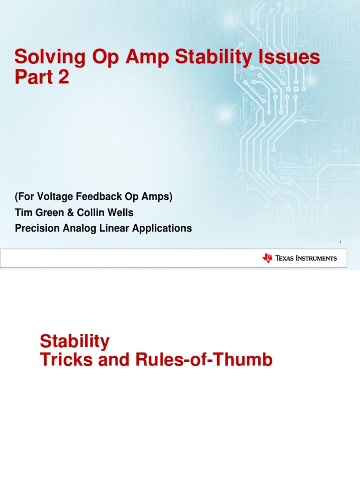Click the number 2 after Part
tap(63, 77)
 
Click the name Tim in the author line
tap(23, 213)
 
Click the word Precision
tap(35, 228)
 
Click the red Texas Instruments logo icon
tap(267, 258)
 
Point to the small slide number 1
tap(340, 242)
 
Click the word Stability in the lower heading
tap(75, 341)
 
